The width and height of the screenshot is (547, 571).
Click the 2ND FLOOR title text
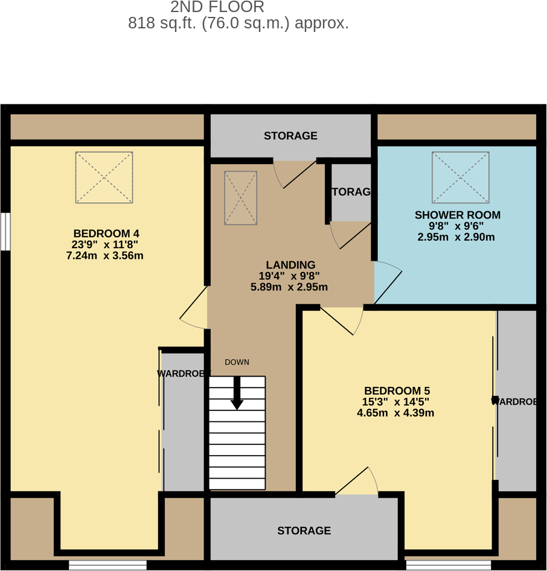[217, 8]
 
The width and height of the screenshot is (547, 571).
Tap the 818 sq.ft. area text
[238, 24]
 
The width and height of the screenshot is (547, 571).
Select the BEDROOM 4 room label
[106, 234]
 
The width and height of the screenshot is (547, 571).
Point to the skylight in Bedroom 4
[104, 177]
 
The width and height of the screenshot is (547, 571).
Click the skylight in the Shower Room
[460, 177]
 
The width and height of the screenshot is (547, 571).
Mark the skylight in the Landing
[240, 197]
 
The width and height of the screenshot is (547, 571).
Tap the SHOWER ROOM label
[457, 215]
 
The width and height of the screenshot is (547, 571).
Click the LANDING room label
[290, 265]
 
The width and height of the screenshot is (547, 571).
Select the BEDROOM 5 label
[397, 391]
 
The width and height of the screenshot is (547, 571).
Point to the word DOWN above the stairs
[237, 362]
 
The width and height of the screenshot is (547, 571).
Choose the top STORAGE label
[290, 136]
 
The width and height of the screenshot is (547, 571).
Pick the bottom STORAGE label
[304, 531]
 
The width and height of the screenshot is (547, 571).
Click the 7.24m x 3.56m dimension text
[104, 256]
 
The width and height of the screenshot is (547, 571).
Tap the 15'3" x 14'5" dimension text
[396, 402]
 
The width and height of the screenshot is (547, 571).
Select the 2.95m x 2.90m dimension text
[456, 237]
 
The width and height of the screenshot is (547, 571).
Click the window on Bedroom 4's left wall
[5, 231]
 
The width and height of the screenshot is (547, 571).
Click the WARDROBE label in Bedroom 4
[182, 374]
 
